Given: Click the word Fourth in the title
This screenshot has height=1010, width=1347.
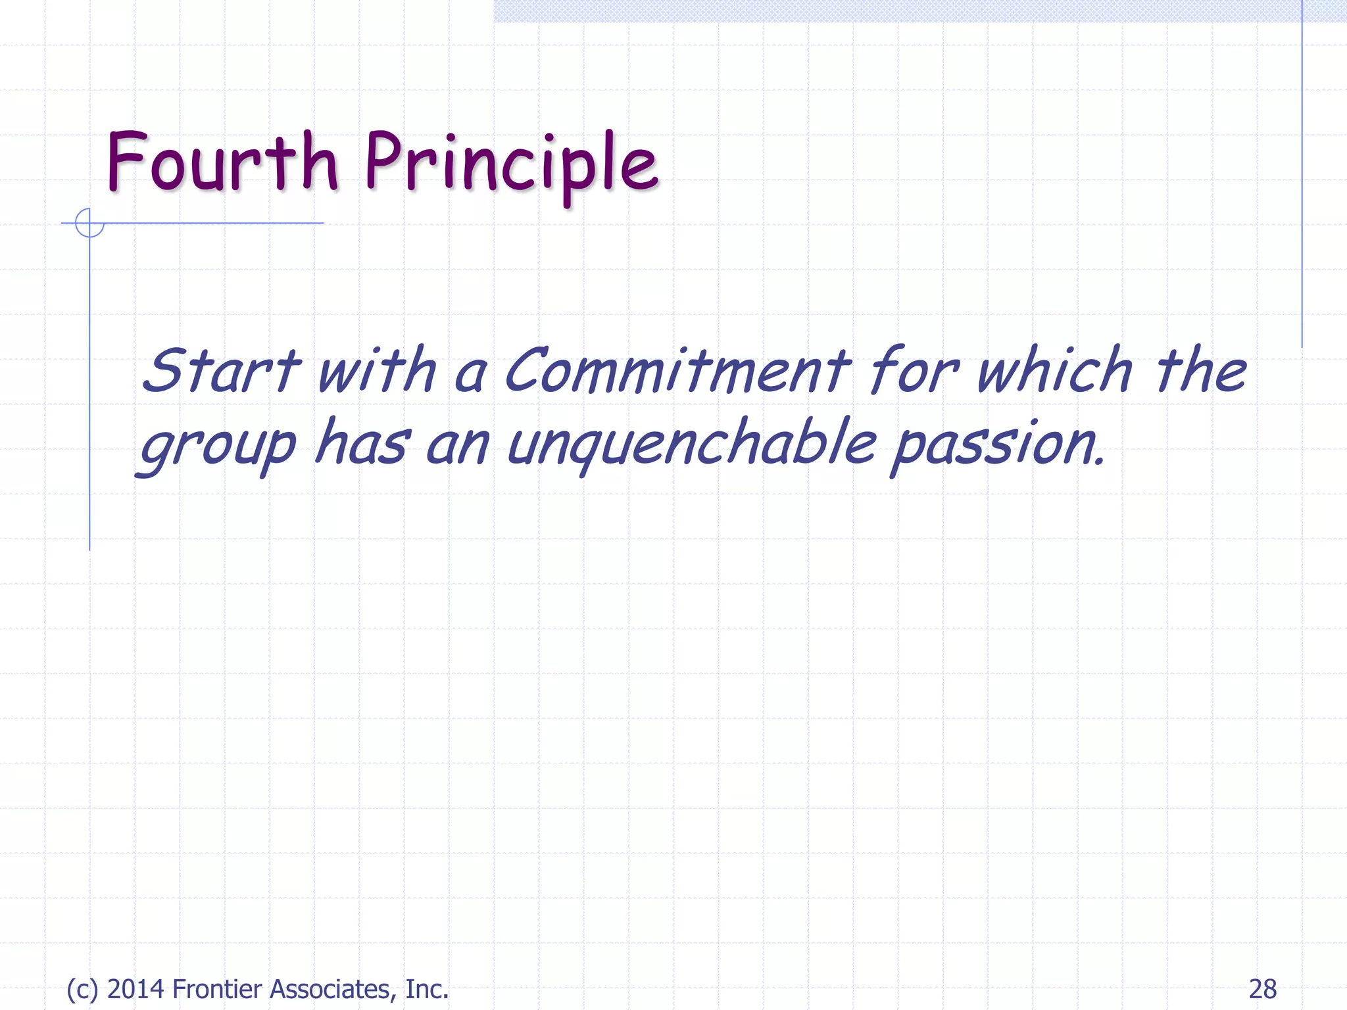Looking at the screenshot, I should click(x=222, y=162).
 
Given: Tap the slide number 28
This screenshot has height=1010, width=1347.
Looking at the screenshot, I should click(x=1262, y=989).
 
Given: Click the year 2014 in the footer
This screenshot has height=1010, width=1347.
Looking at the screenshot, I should click(x=135, y=989).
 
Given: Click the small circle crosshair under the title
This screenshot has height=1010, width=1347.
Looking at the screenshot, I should click(x=89, y=223).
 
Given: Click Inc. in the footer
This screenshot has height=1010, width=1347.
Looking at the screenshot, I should click(x=427, y=989).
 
